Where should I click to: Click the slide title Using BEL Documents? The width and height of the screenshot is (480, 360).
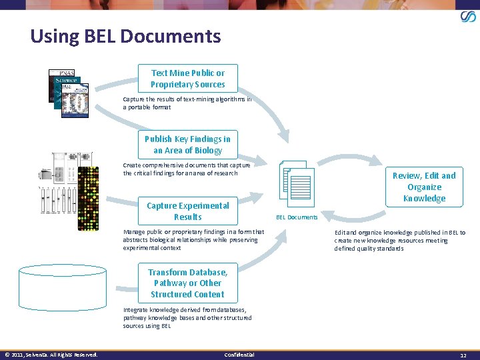click(125, 36)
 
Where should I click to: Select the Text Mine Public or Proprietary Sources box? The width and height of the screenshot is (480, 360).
click(187, 79)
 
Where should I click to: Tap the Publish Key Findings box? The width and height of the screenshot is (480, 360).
click(187, 145)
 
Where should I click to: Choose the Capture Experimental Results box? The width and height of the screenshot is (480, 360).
click(187, 211)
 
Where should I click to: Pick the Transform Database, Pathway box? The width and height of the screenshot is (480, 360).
click(187, 283)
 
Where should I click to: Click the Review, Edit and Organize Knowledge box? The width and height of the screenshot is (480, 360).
click(424, 187)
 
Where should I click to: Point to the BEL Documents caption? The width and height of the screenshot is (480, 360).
click(297, 217)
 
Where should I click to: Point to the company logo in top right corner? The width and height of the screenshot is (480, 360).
click(468, 17)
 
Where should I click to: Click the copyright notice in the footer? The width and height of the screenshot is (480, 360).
click(51, 354)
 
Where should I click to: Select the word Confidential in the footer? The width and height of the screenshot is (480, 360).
click(239, 354)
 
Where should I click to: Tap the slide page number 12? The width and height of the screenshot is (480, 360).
click(463, 355)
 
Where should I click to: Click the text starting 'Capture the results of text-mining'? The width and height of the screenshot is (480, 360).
click(187, 103)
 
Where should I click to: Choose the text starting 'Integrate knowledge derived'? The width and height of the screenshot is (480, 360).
click(187, 318)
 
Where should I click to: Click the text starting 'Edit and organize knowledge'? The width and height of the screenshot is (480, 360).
click(400, 240)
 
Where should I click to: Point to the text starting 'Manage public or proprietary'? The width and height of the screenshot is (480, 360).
click(193, 240)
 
